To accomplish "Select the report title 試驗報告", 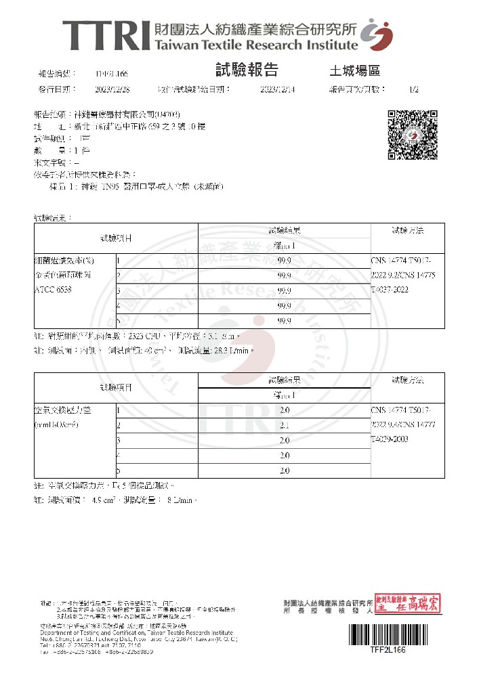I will (246, 70).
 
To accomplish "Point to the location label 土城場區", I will (354, 71).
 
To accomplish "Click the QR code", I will (408, 134).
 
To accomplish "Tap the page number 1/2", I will (414, 89).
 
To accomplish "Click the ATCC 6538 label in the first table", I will (54, 290).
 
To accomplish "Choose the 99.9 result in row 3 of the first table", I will (285, 290).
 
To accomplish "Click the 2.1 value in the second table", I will (285, 425).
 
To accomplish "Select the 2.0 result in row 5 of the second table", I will (285, 471).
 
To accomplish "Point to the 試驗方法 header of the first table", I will (407, 231).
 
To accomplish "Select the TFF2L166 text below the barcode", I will (387, 650).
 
